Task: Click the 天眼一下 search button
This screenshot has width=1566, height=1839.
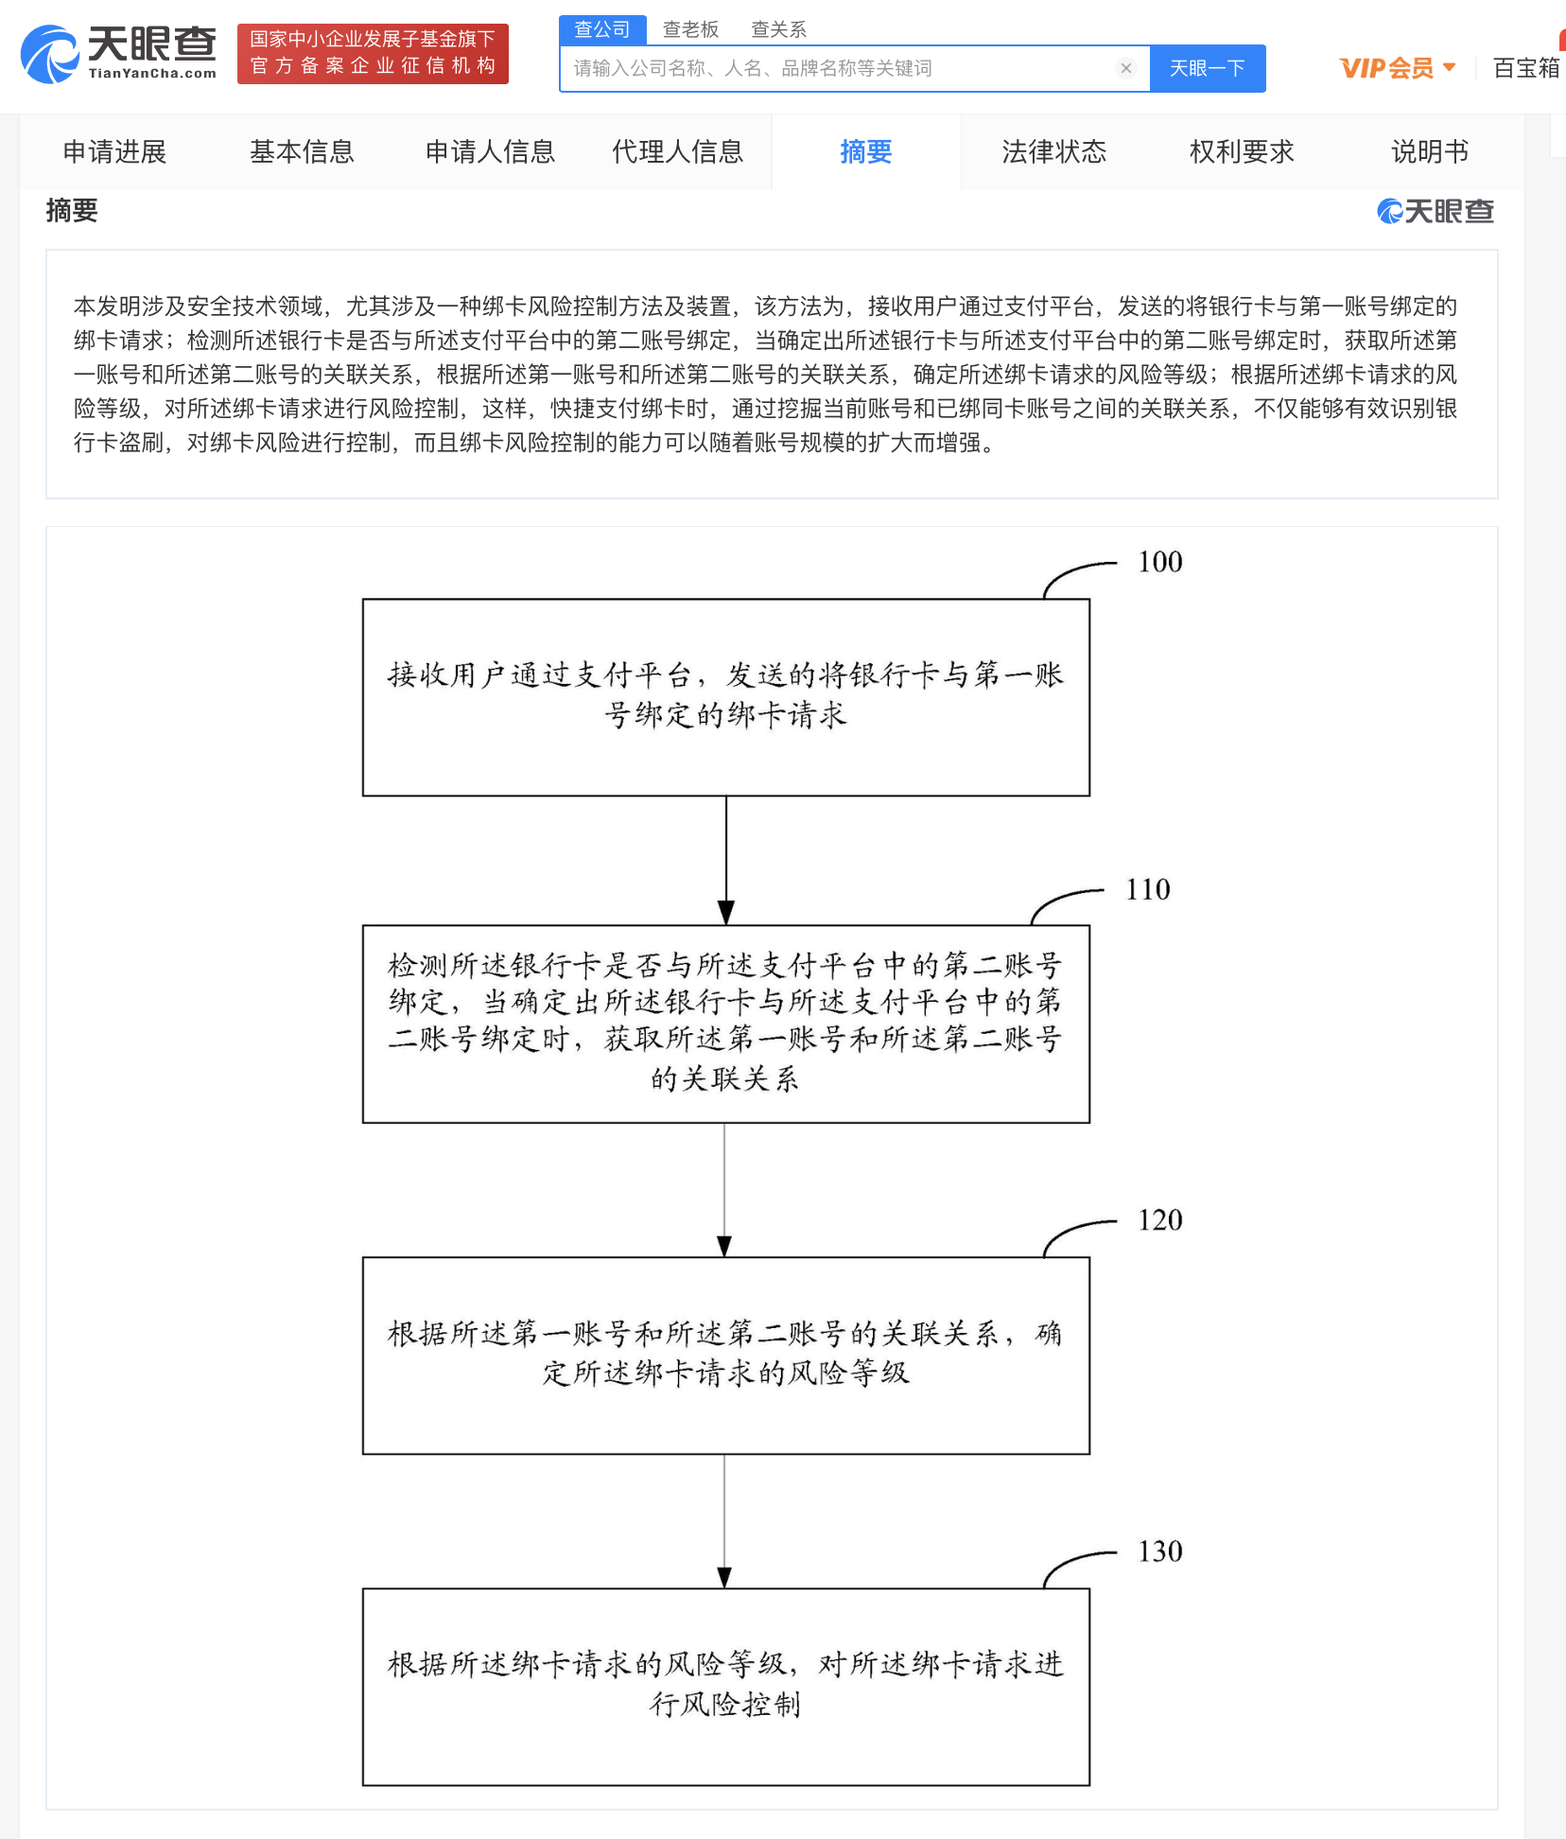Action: click(x=1207, y=68)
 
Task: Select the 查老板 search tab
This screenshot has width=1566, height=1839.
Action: click(x=690, y=29)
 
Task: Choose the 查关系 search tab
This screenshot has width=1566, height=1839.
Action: click(x=778, y=29)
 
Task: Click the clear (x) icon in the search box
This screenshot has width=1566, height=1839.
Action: click(x=1125, y=68)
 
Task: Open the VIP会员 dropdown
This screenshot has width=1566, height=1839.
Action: click(x=1397, y=68)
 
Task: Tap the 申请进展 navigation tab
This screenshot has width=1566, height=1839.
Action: click(x=114, y=151)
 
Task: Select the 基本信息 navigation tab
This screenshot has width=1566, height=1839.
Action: click(x=302, y=151)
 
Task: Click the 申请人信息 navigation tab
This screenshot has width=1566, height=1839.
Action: click(x=490, y=151)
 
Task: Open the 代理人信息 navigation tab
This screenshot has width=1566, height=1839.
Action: click(x=677, y=151)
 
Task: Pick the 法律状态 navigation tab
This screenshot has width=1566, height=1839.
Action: click(x=1053, y=151)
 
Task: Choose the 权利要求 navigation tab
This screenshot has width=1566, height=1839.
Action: click(x=1241, y=151)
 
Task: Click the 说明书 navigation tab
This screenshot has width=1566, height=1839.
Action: click(x=1429, y=151)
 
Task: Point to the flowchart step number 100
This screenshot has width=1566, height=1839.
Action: click(x=1160, y=562)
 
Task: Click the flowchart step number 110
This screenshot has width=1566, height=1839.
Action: click(x=1148, y=889)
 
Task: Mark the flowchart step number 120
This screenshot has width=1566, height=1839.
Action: click(x=1160, y=1220)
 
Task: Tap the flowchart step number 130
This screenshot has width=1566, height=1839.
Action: click(x=1160, y=1551)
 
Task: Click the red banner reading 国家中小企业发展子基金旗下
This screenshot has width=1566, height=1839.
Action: click(x=373, y=53)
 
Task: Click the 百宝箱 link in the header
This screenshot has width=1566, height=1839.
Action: click(x=1525, y=68)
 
